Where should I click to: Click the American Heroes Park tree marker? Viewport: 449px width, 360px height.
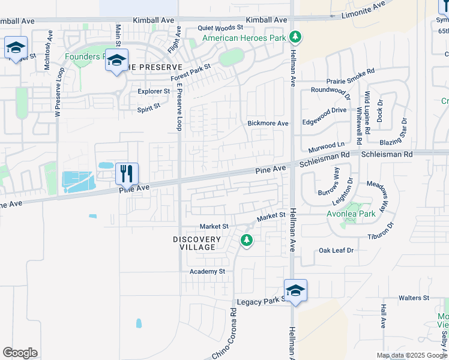click(295, 37)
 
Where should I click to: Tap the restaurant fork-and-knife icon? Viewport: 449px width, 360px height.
click(127, 173)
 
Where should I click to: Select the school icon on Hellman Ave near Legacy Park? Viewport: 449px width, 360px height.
click(295, 291)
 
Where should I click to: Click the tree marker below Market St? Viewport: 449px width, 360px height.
click(246, 241)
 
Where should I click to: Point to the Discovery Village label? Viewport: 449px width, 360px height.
click(197, 243)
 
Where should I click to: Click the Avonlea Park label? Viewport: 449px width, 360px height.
click(351, 213)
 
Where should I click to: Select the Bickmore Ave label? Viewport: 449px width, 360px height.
click(268, 124)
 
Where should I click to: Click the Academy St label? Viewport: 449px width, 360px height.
click(207, 271)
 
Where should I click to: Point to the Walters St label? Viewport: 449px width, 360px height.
click(414, 298)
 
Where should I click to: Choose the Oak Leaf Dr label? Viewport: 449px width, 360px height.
click(337, 250)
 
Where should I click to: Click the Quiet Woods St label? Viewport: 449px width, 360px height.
click(221, 28)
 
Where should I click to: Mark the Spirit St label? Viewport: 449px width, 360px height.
click(149, 106)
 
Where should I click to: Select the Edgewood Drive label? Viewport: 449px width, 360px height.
click(325, 110)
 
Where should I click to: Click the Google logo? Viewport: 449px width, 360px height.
click(20, 353)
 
